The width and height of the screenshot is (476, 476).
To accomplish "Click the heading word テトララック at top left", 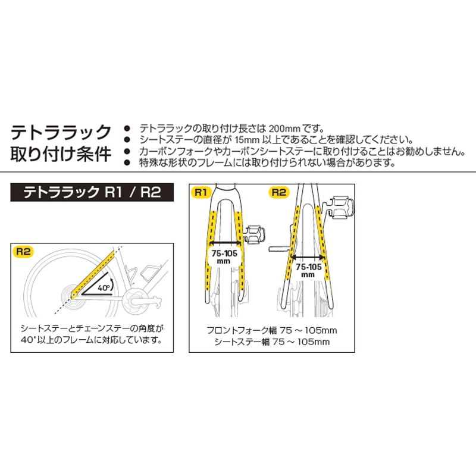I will point(62,131).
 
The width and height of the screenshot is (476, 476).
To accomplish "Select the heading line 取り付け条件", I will point(62,154).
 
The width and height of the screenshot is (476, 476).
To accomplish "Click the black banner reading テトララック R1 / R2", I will point(92,193).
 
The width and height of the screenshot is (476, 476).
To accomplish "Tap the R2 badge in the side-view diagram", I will point(22,252).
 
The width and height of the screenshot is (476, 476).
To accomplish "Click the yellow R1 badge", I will point(201,192).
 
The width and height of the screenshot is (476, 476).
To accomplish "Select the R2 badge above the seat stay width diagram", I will point(279,192).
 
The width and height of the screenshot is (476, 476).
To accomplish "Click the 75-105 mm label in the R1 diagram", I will point(223,256).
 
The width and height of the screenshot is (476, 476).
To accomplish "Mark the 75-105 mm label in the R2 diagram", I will point(308,270).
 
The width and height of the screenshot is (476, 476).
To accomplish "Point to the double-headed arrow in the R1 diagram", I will point(223,243).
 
